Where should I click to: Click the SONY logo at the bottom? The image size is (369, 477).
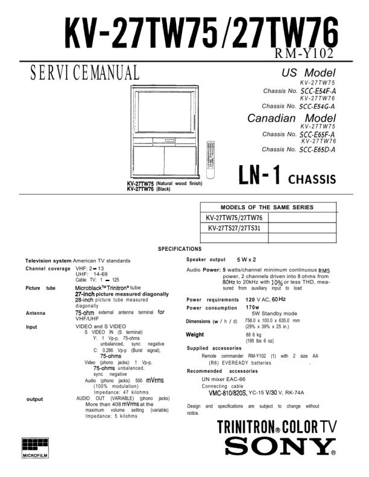(280, 447)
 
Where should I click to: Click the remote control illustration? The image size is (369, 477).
(210, 159)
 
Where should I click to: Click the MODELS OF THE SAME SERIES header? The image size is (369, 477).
(267, 207)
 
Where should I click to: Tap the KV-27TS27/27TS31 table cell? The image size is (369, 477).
(234, 228)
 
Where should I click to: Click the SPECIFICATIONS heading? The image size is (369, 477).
(180, 248)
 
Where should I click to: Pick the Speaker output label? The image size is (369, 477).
(206, 259)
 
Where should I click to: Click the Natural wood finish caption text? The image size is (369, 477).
(178, 183)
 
